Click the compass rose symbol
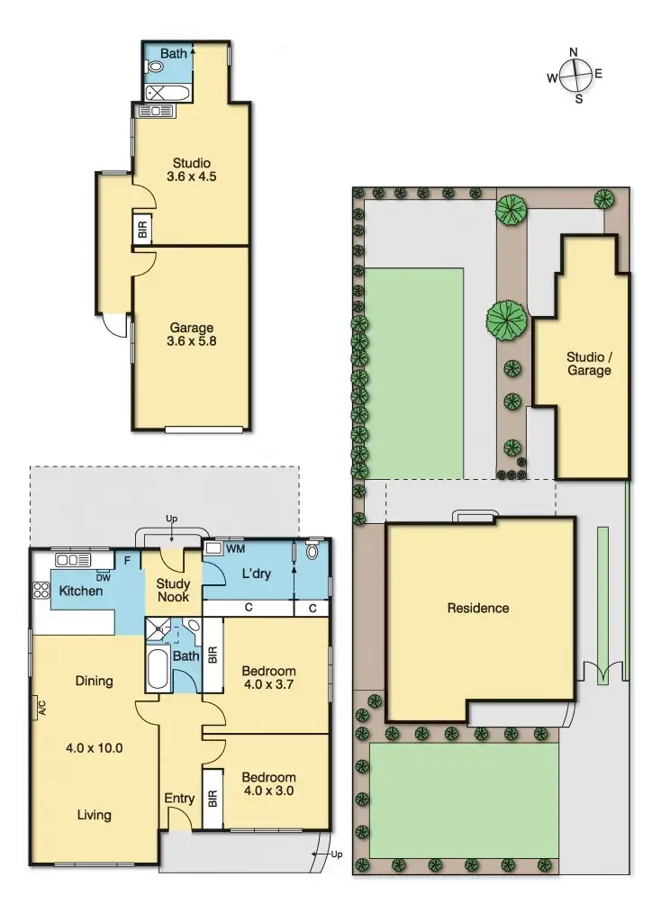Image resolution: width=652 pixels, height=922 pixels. pyautogui.click(x=575, y=75)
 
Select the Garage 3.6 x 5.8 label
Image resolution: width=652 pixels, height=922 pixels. pyautogui.click(x=191, y=335)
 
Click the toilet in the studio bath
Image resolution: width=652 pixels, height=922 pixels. pyautogui.click(x=149, y=66)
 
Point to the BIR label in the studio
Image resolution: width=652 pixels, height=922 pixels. pyautogui.click(x=142, y=229)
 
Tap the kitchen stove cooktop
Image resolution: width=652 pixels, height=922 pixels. pyautogui.click(x=41, y=591)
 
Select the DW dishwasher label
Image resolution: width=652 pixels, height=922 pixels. pyautogui.click(x=103, y=577)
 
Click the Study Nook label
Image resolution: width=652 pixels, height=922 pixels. pyautogui.click(x=173, y=591)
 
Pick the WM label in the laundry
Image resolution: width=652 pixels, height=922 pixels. pyautogui.click(x=236, y=547)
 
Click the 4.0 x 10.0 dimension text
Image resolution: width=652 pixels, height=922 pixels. pyautogui.click(x=94, y=747)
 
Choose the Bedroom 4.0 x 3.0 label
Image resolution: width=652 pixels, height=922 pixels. pyautogui.click(x=268, y=785)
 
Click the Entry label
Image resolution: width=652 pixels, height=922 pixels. pyautogui.click(x=179, y=799)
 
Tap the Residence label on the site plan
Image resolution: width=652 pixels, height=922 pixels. pyautogui.click(x=478, y=608)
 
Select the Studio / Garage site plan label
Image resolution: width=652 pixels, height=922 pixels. pyautogui.click(x=589, y=364)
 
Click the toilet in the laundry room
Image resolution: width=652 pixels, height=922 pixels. pyautogui.click(x=312, y=551)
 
